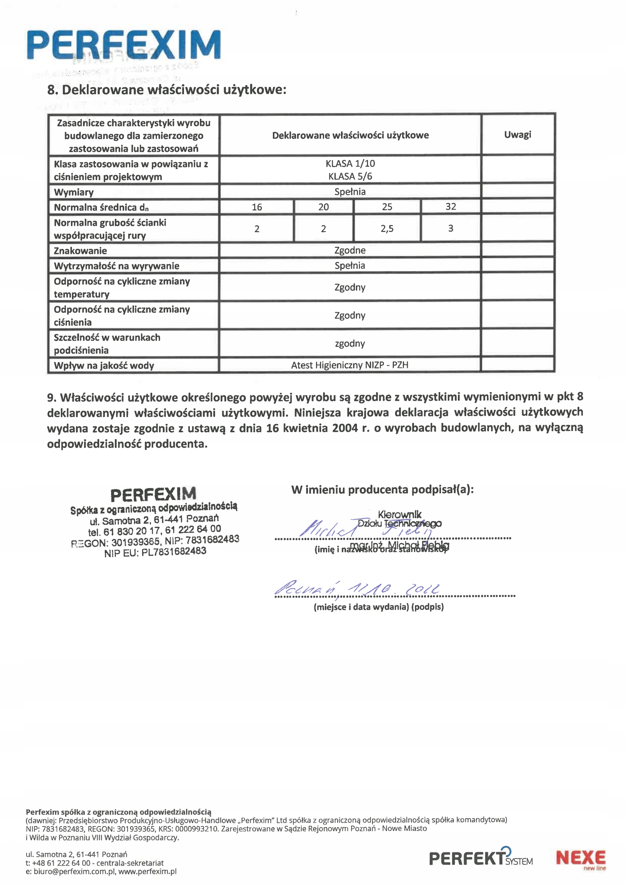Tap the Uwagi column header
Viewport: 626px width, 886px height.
point(517,135)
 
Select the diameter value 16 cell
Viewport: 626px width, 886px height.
point(257,207)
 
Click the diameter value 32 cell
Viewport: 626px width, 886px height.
point(451,207)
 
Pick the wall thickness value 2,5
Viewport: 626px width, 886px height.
point(387,228)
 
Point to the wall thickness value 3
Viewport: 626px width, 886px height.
point(451,228)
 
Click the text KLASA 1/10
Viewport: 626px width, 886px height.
point(350,164)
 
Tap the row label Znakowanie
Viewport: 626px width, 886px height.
point(80,251)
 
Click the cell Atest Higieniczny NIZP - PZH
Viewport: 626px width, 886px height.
point(349,365)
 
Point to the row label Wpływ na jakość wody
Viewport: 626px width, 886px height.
point(104,365)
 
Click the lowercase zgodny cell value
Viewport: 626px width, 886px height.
point(349,343)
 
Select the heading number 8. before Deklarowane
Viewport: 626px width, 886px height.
point(53,90)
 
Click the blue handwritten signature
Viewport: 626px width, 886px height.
point(366,529)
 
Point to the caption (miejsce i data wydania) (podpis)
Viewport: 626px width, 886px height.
point(378,607)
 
